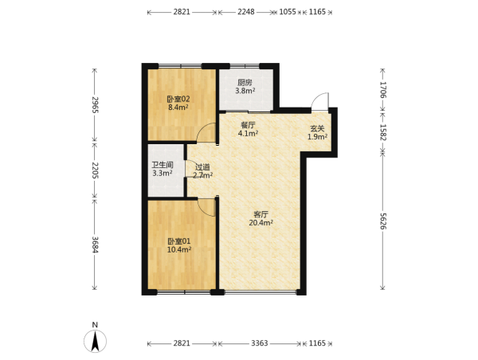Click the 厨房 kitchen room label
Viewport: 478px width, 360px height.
245,82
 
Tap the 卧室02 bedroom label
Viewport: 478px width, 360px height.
178,99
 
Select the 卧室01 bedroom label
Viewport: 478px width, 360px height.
179,241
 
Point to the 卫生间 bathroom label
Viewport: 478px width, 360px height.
163,165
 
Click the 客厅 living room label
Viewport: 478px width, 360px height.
261,214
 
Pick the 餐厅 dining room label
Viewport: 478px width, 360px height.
248,125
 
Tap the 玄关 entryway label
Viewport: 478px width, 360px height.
317,129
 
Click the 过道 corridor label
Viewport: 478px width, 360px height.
202,167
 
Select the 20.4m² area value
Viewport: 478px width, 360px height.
261,222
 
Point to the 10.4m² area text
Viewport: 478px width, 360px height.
179,249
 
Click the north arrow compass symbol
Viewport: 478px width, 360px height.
95,342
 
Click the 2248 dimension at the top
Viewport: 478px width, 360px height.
246,12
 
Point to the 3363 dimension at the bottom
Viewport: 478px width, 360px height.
260,343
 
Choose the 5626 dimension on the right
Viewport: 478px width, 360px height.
383,221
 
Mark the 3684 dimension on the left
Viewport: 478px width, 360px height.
95,245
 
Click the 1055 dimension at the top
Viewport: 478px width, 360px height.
288,12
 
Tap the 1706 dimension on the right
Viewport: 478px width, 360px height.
383,90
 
